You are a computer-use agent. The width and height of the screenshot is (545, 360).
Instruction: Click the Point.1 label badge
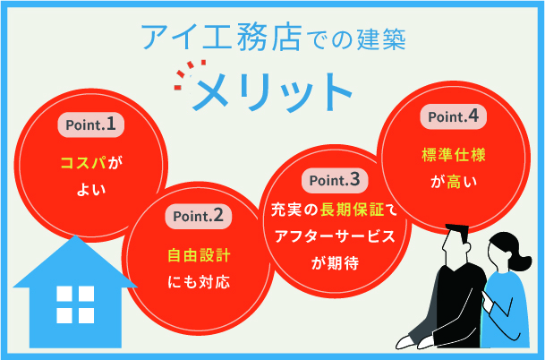(89, 124)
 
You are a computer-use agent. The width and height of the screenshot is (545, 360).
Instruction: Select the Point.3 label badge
(334, 180)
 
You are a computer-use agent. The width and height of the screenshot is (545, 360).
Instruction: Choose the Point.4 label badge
(454, 116)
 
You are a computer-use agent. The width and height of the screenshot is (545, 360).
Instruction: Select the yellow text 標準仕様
(453, 155)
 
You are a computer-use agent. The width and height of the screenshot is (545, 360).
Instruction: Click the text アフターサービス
(334, 237)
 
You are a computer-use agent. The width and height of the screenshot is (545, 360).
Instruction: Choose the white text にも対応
(199, 283)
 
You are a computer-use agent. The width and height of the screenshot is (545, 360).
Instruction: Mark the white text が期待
(334, 261)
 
